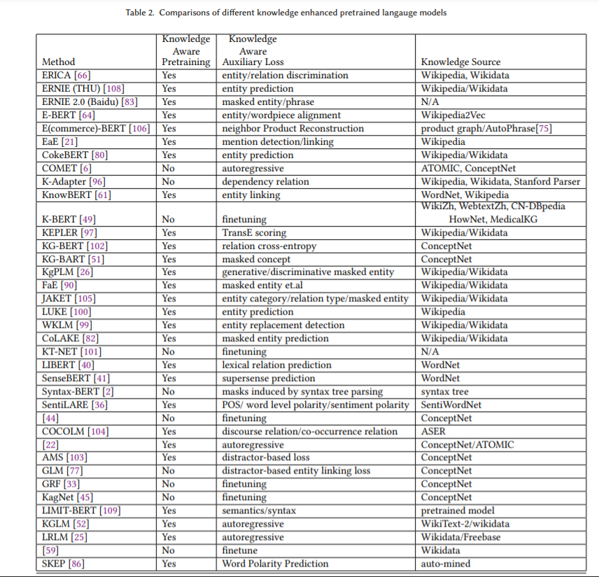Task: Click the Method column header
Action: (x=58, y=62)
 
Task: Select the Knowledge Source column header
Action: (x=460, y=62)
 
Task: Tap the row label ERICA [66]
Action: (x=66, y=75)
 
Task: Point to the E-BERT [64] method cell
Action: (x=69, y=115)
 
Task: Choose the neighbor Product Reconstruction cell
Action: (x=293, y=128)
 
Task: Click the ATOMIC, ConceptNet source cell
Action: (x=468, y=168)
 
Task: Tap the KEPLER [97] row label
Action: (x=69, y=232)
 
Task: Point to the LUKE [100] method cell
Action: (x=66, y=312)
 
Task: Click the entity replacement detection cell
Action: (x=283, y=325)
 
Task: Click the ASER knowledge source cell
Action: (x=433, y=432)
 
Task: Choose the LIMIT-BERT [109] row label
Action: (x=81, y=511)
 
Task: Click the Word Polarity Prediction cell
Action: (x=275, y=564)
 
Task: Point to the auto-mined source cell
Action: (x=446, y=564)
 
